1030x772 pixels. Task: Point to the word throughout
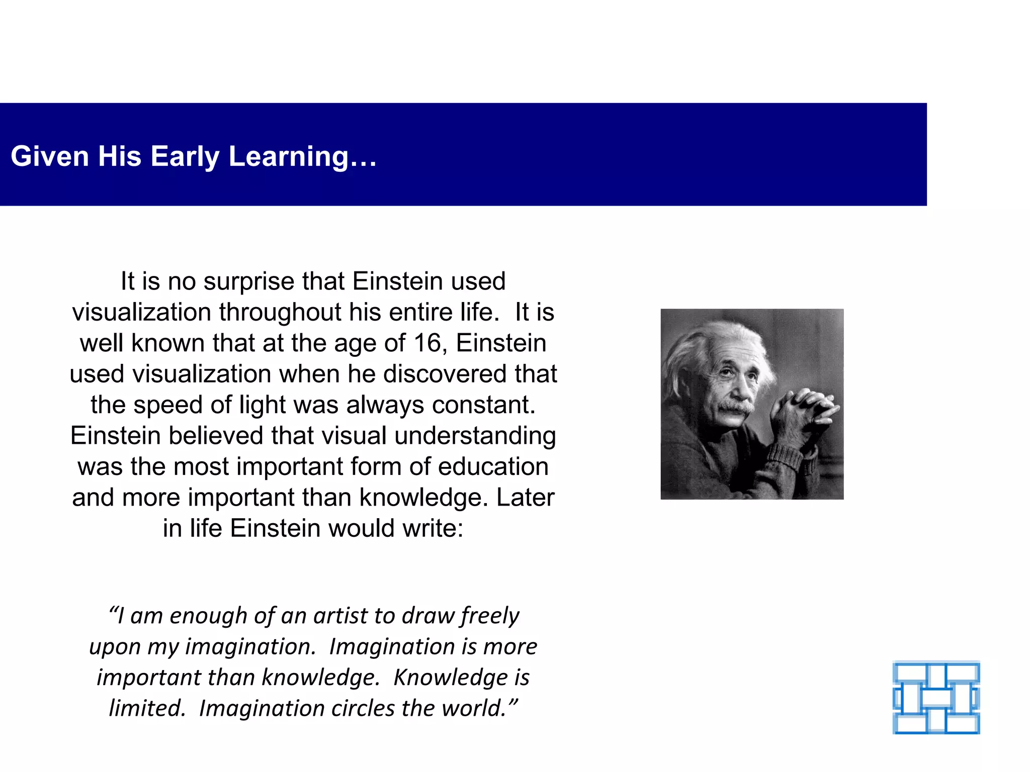click(280, 313)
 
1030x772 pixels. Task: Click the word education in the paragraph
click(493, 467)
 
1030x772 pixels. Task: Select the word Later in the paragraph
click(525, 498)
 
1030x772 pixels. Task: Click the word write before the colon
click(431, 529)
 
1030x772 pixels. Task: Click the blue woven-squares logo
click(936, 698)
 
